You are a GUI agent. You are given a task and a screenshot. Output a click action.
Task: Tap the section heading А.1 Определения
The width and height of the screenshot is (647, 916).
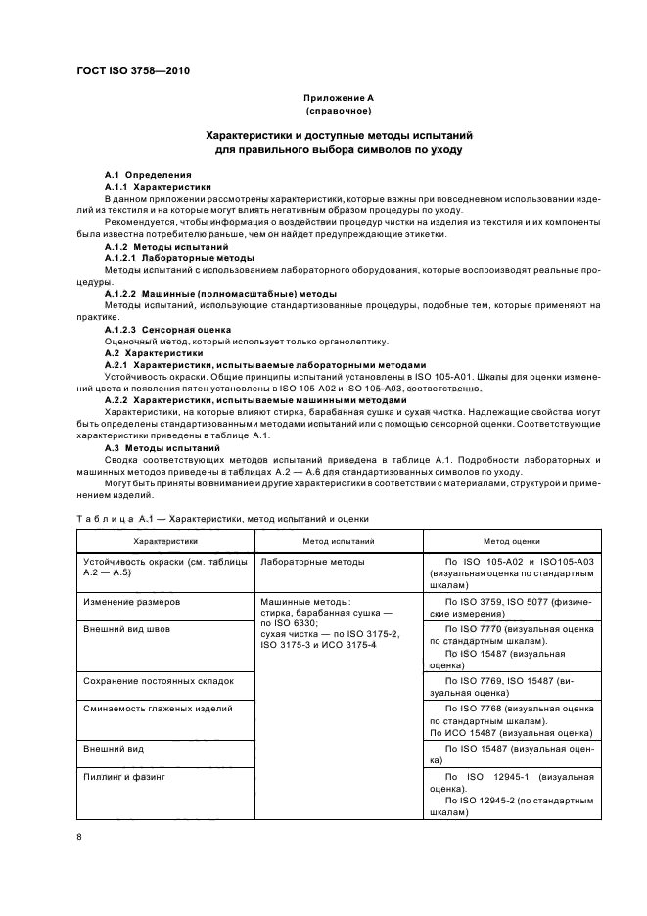[x=141, y=174]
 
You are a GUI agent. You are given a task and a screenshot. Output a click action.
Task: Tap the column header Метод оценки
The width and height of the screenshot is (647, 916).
[x=511, y=539]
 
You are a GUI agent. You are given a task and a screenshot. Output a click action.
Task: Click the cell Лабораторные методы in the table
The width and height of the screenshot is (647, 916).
[x=312, y=562]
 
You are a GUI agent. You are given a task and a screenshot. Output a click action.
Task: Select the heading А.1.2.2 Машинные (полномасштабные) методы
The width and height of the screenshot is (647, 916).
[x=220, y=294]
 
